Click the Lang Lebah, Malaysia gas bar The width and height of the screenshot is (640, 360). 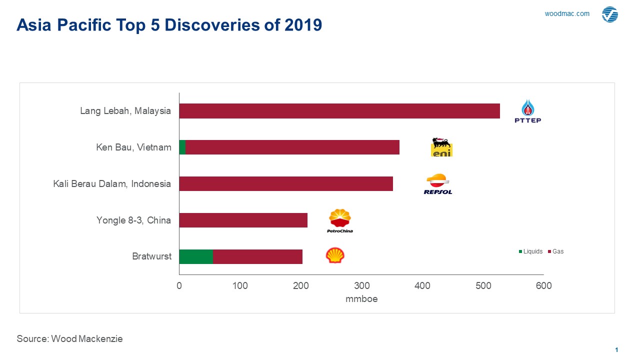click(339, 111)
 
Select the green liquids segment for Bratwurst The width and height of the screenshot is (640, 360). click(196, 256)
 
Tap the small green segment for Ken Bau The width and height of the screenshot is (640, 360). click(182, 147)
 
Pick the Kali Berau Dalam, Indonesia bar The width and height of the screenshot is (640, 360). click(286, 184)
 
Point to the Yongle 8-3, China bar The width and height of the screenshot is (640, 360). click(243, 220)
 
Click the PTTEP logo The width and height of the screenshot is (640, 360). click(528, 111)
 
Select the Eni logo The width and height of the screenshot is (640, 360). click(441, 147)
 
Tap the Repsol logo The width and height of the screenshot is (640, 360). click(438, 184)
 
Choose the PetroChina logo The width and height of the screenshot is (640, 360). click(340, 220)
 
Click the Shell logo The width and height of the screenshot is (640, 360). click(335, 255)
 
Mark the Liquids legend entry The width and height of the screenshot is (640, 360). click(530, 251)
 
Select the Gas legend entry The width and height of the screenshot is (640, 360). click(555, 251)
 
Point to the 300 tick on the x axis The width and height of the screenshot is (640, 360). click(362, 286)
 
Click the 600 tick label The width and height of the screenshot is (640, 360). click(544, 286)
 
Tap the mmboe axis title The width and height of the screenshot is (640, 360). click(361, 299)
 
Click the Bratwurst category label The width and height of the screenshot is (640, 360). click(151, 256)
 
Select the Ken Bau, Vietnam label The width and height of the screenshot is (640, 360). click(133, 147)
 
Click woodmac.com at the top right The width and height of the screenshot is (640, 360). click(567, 14)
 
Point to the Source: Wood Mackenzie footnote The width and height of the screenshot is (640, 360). click(69, 338)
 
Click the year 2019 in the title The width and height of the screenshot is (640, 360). click(303, 25)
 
